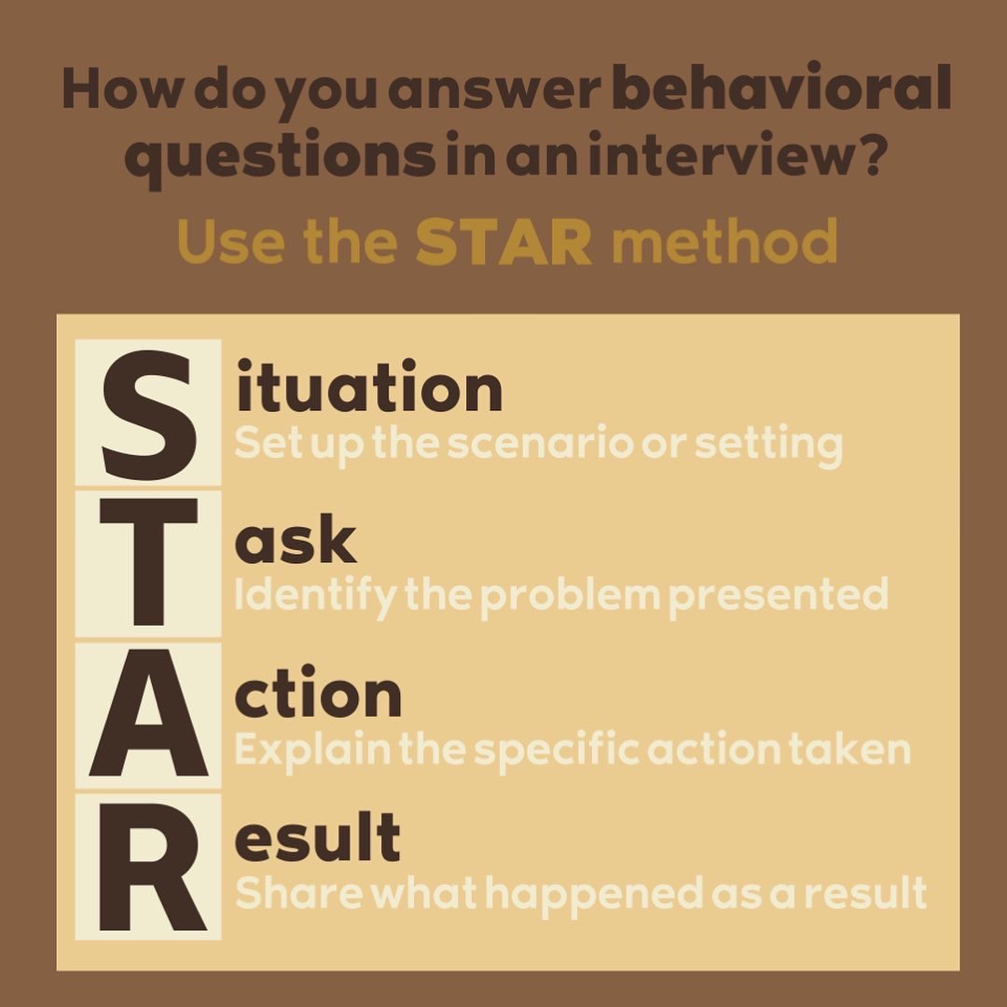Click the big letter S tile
(x=148, y=413)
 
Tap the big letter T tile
(x=148, y=562)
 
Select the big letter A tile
(x=148, y=714)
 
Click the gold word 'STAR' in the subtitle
(x=504, y=242)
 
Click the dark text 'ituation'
(x=369, y=390)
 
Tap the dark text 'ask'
(x=295, y=543)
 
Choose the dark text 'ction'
(x=318, y=696)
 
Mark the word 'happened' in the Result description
(x=594, y=893)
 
